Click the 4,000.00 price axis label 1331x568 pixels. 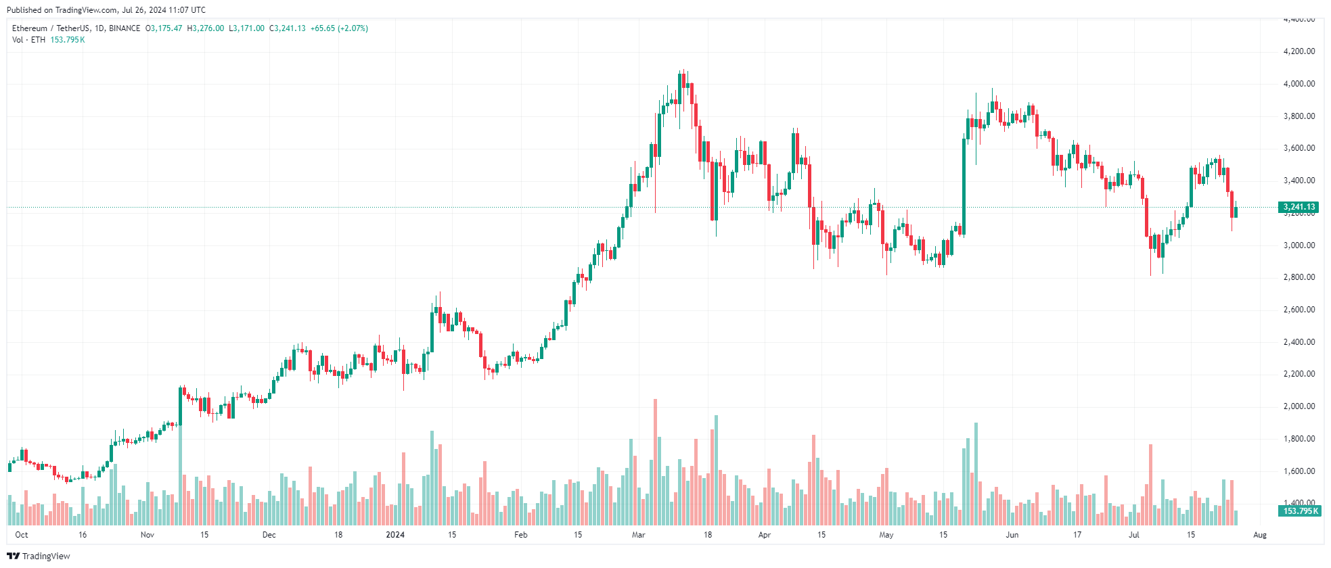pyautogui.click(x=1299, y=84)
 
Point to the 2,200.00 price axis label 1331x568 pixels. pyautogui.click(x=1299, y=374)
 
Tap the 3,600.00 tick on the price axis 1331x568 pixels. pyautogui.click(x=1299, y=148)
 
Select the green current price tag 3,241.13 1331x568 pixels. pyautogui.click(x=1299, y=208)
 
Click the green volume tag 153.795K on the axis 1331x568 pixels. pyautogui.click(x=1301, y=511)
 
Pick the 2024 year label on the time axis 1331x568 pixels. pyautogui.click(x=395, y=535)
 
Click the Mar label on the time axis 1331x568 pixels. pyautogui.click(x=638, y=535)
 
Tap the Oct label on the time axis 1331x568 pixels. pyautogui.click(x=22, y=535)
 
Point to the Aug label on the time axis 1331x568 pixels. pyautogui.click(x=1259, y=535)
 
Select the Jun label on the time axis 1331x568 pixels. pyautogui.click(x=1012, y=535)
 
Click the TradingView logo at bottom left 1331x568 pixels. pyautogui.click(x=39, y=556)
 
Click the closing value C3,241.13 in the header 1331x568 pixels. pyautogui.click(x=288, y=28)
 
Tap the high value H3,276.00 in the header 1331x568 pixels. pyautogui.click(x=206, y=28)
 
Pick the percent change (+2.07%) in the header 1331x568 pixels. pyautogui.click(x=353, y=28)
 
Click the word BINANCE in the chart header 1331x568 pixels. pyautogui.click(x=125, y=28)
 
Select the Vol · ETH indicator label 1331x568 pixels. pyautogui.click(x=28, y=40)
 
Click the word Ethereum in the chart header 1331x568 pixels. pyautogui.click(x=30, y=28)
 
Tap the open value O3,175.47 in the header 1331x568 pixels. pyautogui.click(x=164, y=28)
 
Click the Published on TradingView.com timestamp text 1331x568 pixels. pyautogui.click(x=106, y=10)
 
